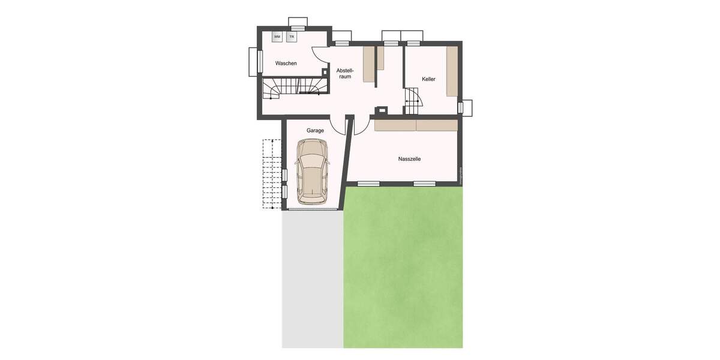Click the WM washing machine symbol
(277, 37)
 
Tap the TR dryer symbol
(292, 37)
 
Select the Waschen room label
(286, 63)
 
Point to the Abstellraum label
(345, 73)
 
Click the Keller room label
(428, 79)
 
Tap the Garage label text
(315, 130)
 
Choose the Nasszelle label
(409, 159)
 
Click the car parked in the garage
(312, 170)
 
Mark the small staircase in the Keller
(412, 101)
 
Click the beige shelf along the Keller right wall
(452, 72)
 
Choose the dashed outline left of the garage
(272, 174)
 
